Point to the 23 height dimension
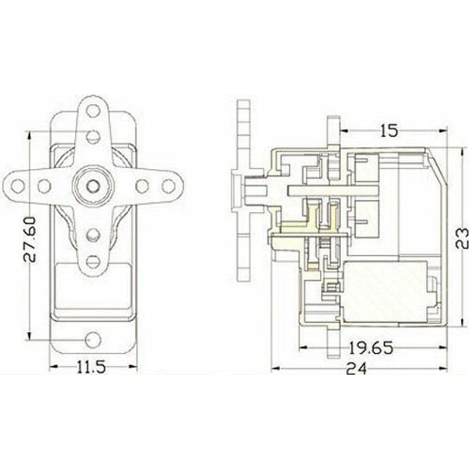coord(461,237)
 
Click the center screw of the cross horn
coord(93,185)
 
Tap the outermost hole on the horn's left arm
coord(18,186)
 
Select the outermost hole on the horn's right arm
coord(168,186)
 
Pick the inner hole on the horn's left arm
coord(44,186)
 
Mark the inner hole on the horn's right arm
coord(142,186)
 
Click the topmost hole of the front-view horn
coord(93,110)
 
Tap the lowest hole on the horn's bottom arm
coord(93,261)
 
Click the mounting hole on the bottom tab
coord(93,339)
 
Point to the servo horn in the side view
coord(244,191)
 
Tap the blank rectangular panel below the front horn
coord(93,290)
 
